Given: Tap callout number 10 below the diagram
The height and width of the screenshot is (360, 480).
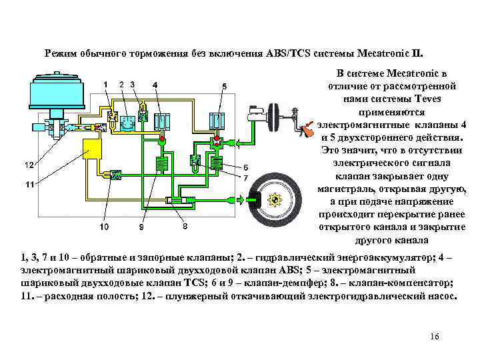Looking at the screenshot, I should point(104,227).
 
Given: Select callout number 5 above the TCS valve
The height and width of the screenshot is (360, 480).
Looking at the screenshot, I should point(224,86).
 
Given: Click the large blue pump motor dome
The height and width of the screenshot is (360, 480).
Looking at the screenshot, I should point(54,97).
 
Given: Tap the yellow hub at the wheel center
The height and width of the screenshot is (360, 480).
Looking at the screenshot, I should point(275,199).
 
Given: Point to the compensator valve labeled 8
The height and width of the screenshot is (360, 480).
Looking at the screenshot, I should point(177,199).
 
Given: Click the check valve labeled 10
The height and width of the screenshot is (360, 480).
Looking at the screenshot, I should point(114,175).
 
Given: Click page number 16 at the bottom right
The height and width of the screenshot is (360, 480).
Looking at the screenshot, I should point(435,336).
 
